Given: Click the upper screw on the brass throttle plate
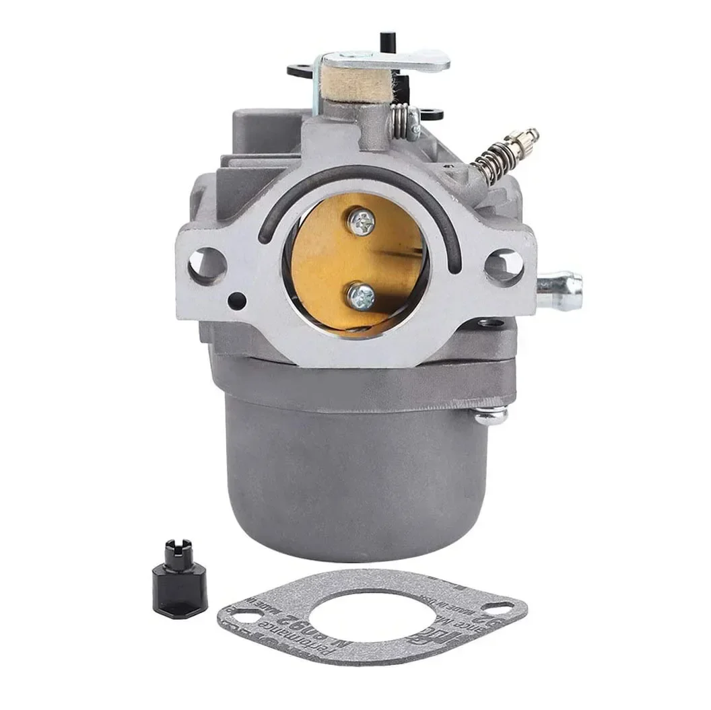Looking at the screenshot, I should coord(362,218).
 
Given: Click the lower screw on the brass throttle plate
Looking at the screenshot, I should coord(360,294).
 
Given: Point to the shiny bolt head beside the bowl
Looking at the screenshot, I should coord(490,415).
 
